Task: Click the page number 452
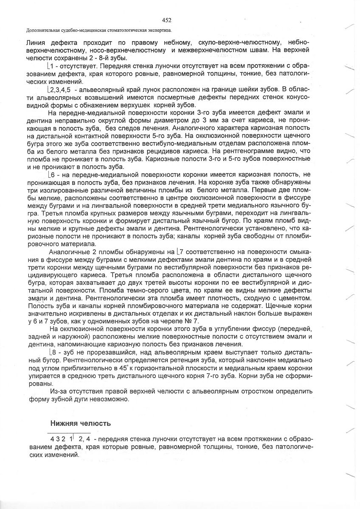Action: click(x=166, y=20)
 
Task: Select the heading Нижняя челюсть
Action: click(x=81, y=423)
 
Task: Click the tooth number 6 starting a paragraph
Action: click(x=51, y=175)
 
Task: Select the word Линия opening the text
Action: click(x=37, y=43)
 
